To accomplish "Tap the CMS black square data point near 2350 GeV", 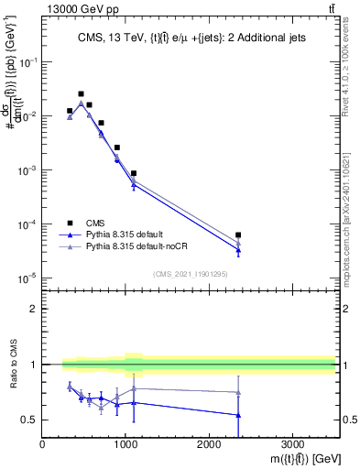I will pyautogui.click(x=238, y=235).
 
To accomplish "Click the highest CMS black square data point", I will pyautogui.click(x=81, y=93).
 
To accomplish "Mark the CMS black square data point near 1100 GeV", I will pyautogui.click(x=134, y=173).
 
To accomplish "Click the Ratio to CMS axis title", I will pyautogui.click(x=12, y=366).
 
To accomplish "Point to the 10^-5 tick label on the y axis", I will pyautogui.click(x=27, y=278).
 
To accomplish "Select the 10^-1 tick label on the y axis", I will pyautogui.click(x=27, y=62).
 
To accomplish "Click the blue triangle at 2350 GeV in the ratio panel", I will pyautogui.click(x=238, y=415).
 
